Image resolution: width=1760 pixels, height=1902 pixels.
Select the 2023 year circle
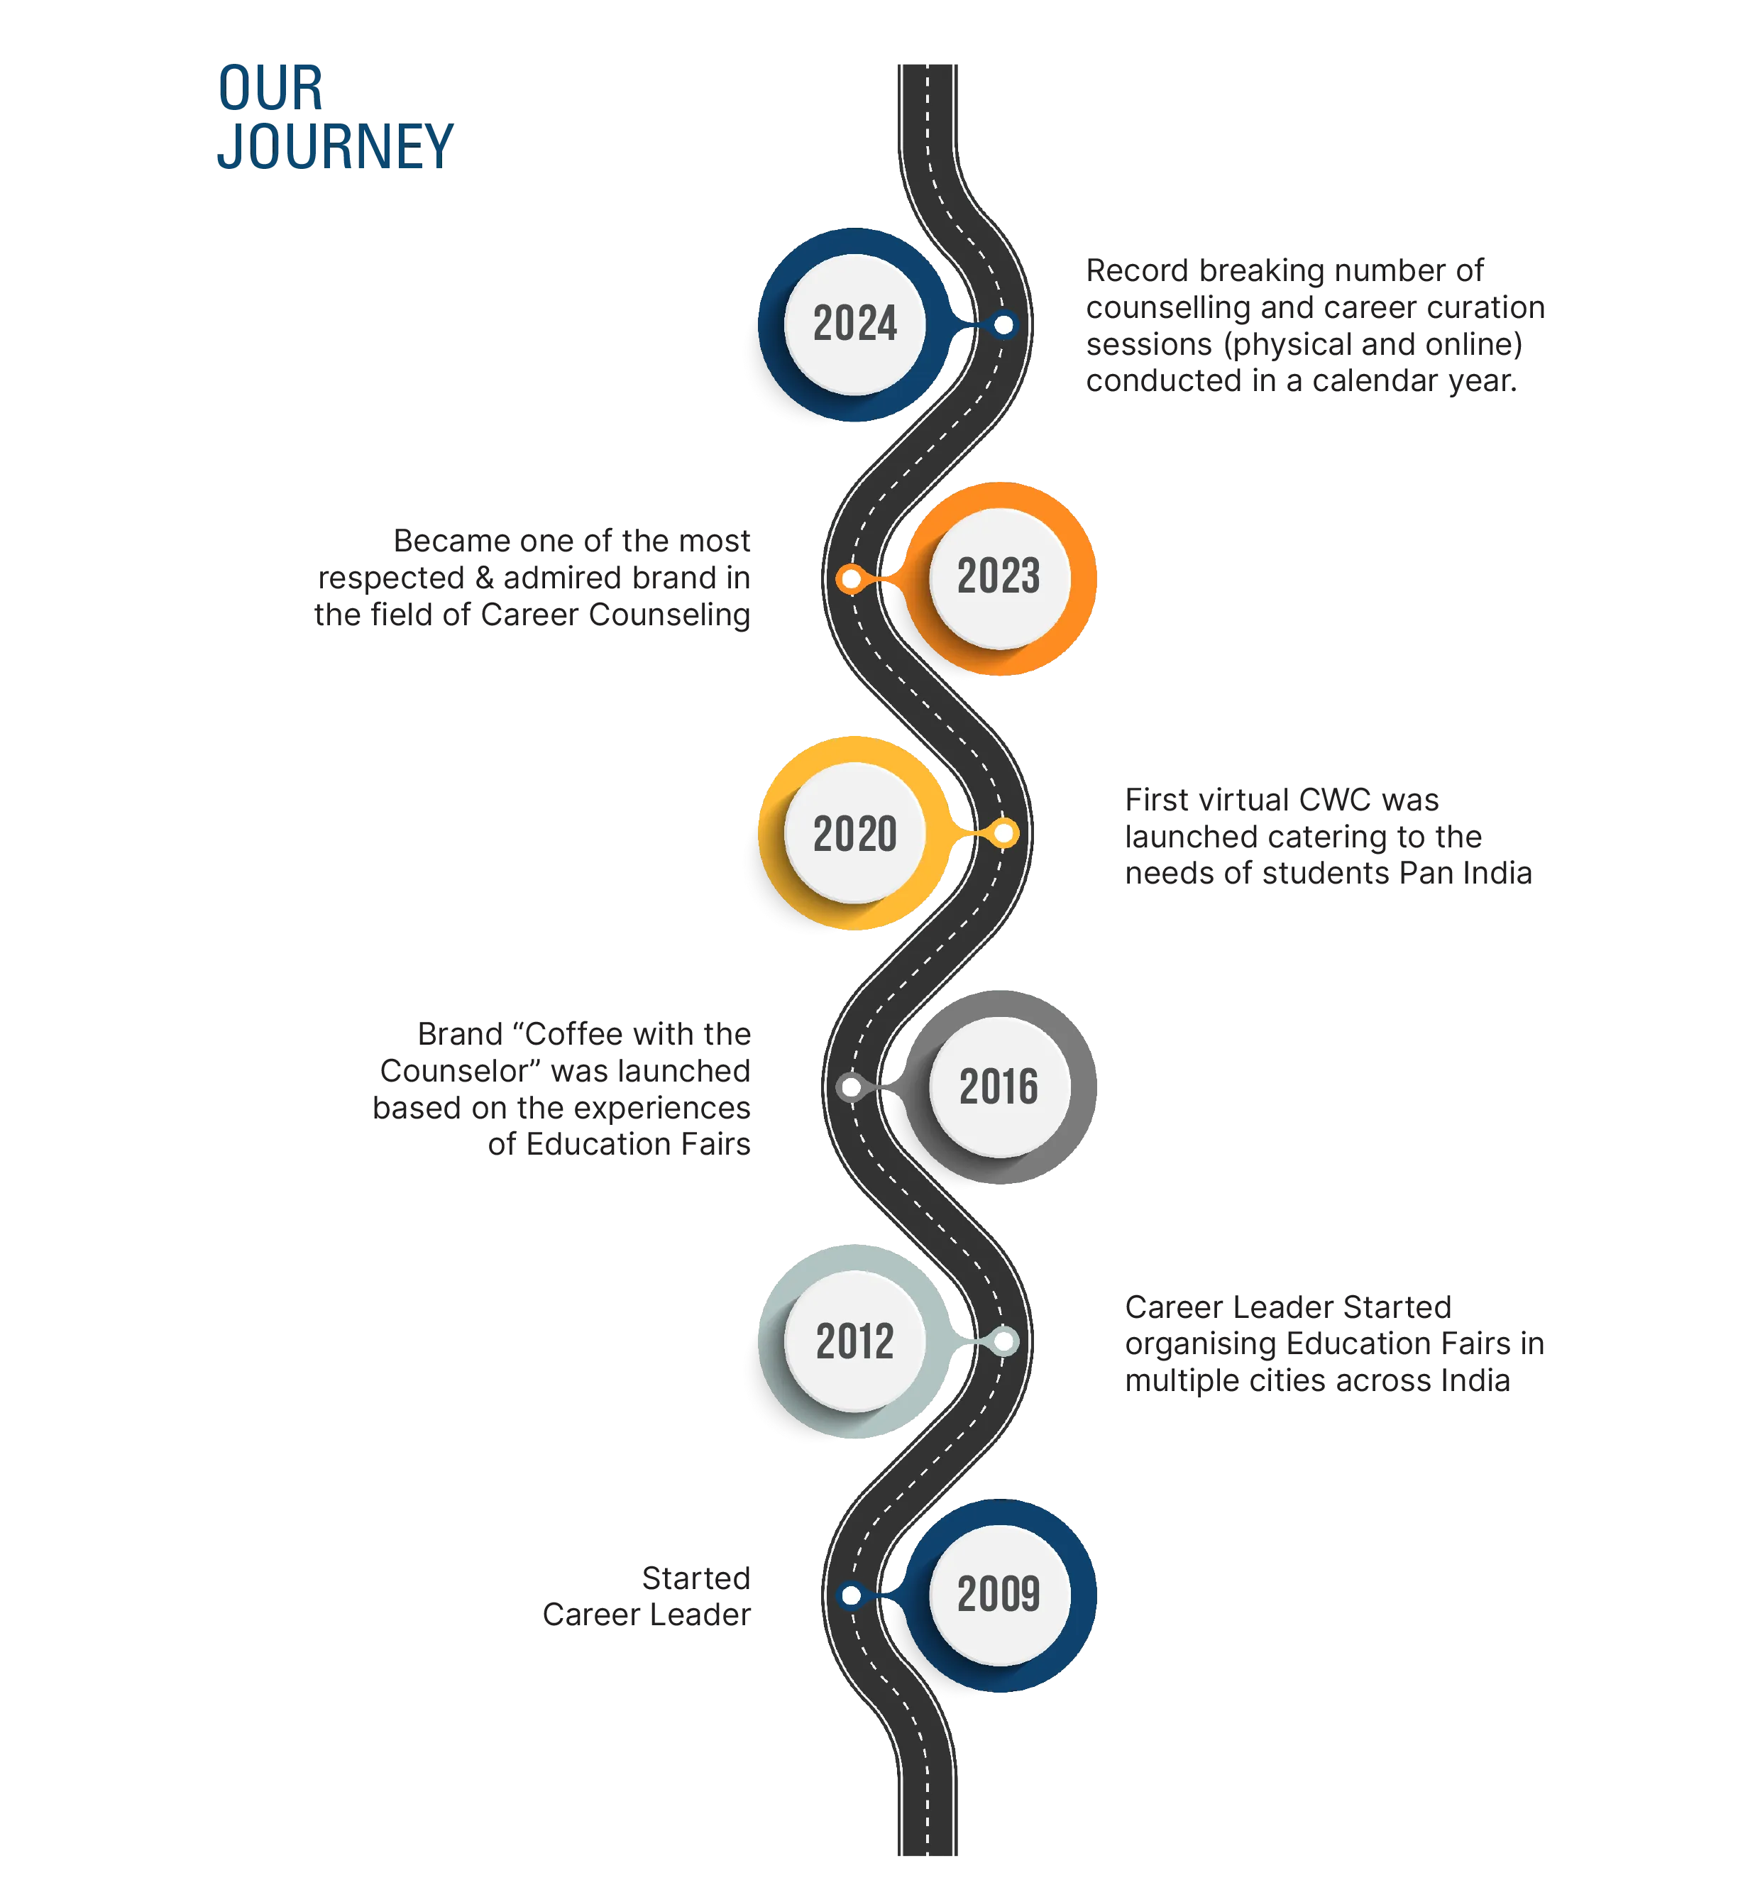[x=1000, y=578]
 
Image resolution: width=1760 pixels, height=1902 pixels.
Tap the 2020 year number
[x=854, y=833]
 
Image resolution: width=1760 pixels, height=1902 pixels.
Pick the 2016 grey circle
[x=1000, y=1087]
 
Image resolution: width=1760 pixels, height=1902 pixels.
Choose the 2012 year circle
[x=854, y=1341]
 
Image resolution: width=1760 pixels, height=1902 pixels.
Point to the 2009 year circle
[x=1000, y=1595]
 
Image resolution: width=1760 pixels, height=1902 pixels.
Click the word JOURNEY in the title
[x=335, y=147]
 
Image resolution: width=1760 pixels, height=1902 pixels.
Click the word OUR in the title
[x=270, y=89]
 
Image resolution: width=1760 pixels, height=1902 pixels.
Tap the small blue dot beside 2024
[x=1003, y=325]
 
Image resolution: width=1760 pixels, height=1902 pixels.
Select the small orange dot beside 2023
[x=850, y=579]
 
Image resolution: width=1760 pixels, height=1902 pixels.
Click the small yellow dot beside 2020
[x=1003, y=833]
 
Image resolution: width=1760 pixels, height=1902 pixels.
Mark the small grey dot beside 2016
[x=850, y=1087]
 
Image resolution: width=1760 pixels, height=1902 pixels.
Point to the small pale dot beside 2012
[x=1003, y=1341]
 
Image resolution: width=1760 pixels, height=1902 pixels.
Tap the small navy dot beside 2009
[x=850, y=1595]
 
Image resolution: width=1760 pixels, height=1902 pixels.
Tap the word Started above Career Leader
[x=696, y=1578]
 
